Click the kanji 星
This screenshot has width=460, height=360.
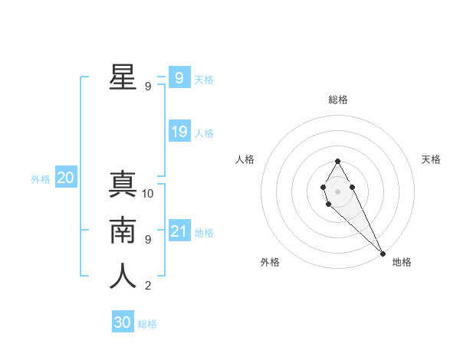point(123,77)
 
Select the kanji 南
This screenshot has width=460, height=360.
point(123,231)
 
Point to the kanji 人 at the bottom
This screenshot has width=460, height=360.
point(123,277)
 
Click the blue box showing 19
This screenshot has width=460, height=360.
point(179,132)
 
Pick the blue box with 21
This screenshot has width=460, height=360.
point(179,231)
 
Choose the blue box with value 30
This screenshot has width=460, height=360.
point(123,322)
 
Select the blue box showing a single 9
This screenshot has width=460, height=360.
point(179,78)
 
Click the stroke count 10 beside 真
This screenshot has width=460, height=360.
point(148,194)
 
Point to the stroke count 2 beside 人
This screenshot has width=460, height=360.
point(148,286)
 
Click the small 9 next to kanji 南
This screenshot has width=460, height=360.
point(148,240)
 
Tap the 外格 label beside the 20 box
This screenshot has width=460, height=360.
point(41,179)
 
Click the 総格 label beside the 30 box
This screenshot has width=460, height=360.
point(147,324)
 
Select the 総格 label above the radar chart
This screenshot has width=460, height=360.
point(338,100)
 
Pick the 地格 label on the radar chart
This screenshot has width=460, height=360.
point(402,262)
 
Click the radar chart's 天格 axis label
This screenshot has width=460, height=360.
point(431,159)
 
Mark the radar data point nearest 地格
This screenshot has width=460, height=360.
point(382,253)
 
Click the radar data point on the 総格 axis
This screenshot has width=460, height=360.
point(337,161)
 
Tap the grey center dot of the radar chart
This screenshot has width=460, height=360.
point(337,191)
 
